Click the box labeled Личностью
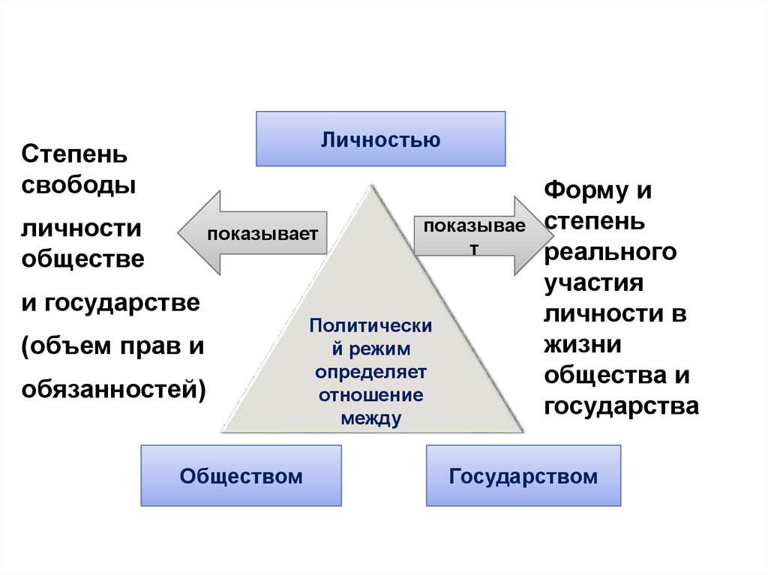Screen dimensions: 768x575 tap(380, 139)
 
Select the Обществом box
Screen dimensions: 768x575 tap(241, 475)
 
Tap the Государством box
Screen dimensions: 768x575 tap(523, 475)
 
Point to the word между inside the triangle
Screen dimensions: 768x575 tap(370, 418)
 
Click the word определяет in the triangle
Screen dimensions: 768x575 tap(370, 372)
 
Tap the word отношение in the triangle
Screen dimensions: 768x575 tap(370, 394)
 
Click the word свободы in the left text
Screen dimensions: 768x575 tap(79, 185)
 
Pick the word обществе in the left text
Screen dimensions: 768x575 tap(82, 259)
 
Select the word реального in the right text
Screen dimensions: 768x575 tap(610, 252)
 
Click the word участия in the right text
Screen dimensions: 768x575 tap(595, 283)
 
